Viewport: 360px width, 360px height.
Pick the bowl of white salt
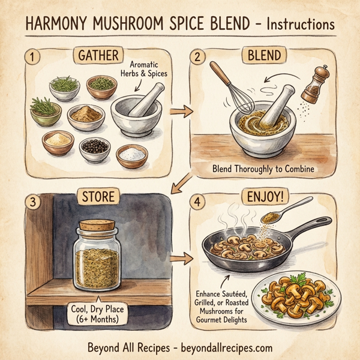131,155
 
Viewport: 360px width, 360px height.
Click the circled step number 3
28,200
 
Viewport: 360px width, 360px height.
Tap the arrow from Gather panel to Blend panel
178,112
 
